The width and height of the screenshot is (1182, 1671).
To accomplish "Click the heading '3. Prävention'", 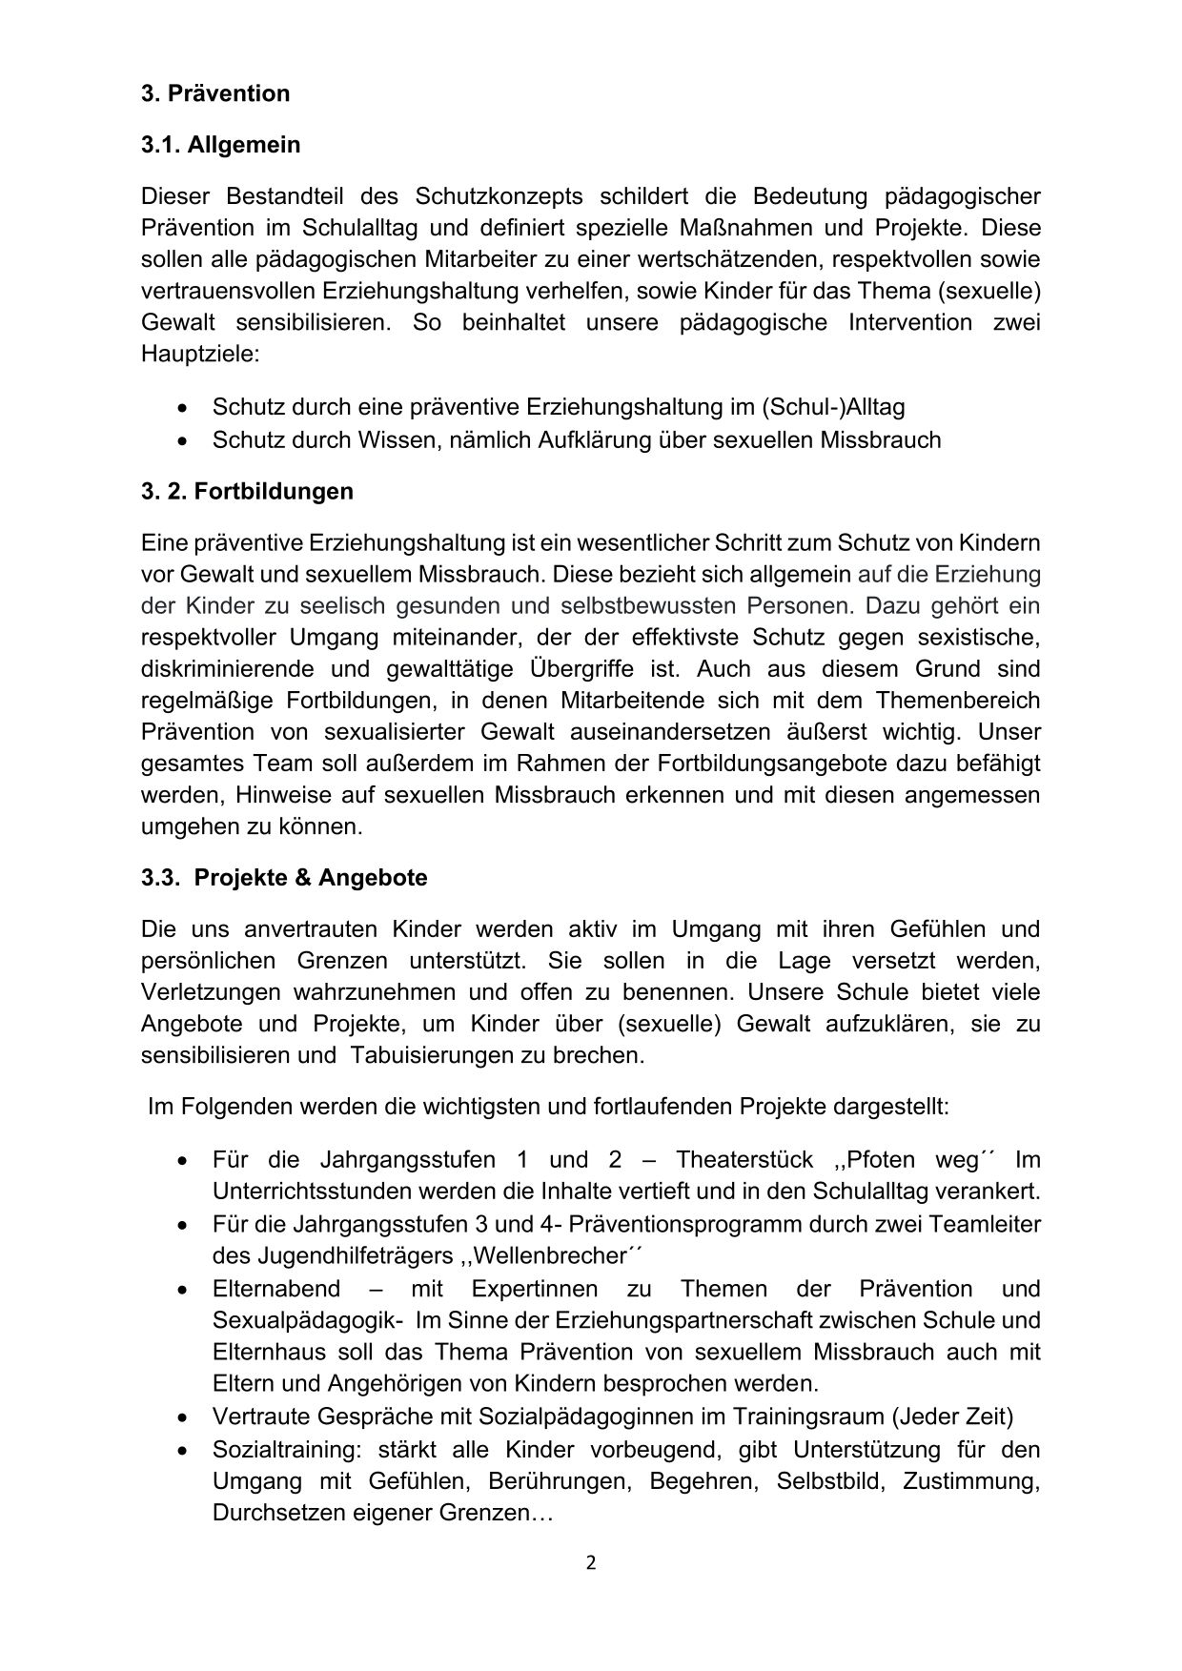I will coord(215,93).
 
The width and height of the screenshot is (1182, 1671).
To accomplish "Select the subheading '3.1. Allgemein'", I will coord(220,145).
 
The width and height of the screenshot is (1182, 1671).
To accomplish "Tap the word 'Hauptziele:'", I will coord(200,354).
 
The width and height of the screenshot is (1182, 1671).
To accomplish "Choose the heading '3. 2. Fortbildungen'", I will coord(247,491).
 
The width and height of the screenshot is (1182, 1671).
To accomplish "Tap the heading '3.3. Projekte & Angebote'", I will coord(284,877).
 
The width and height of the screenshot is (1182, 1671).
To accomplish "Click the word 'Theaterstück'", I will coord(744,1159).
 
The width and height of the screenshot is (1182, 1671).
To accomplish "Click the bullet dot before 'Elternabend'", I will coord(182,1290).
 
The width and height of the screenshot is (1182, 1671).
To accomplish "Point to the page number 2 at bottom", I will coord(591,1561).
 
